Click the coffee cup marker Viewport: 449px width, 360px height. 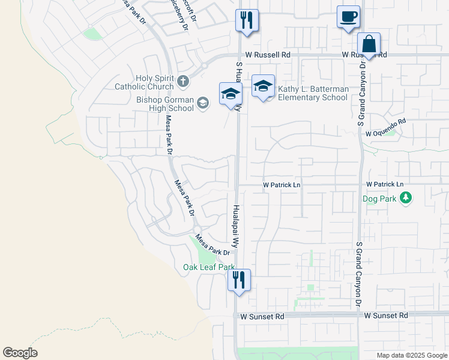coord(348,16)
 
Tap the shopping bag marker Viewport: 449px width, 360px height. coord(369,44)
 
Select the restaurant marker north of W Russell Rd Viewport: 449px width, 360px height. coord(247,20)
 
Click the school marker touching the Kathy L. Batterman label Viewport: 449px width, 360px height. coord(263,86)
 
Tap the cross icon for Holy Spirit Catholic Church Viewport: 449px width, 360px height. coord(182,80)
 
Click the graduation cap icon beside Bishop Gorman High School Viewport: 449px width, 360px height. coord(203,103)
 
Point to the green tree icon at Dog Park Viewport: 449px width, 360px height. coord(406,197)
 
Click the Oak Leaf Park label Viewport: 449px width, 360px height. coord(209,267)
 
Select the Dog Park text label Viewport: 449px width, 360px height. coord(380,198)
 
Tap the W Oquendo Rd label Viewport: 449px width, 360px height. coord(386,121)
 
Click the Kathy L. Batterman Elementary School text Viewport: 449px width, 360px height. coord(313,93)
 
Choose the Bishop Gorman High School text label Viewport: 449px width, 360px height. coord(165,104)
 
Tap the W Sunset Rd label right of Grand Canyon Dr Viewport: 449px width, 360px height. coord(386,315)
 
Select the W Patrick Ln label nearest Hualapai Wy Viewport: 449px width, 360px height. coord(282,185)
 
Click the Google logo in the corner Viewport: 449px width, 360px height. coord(20,353)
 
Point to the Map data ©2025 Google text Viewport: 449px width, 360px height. coord(411,355)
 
